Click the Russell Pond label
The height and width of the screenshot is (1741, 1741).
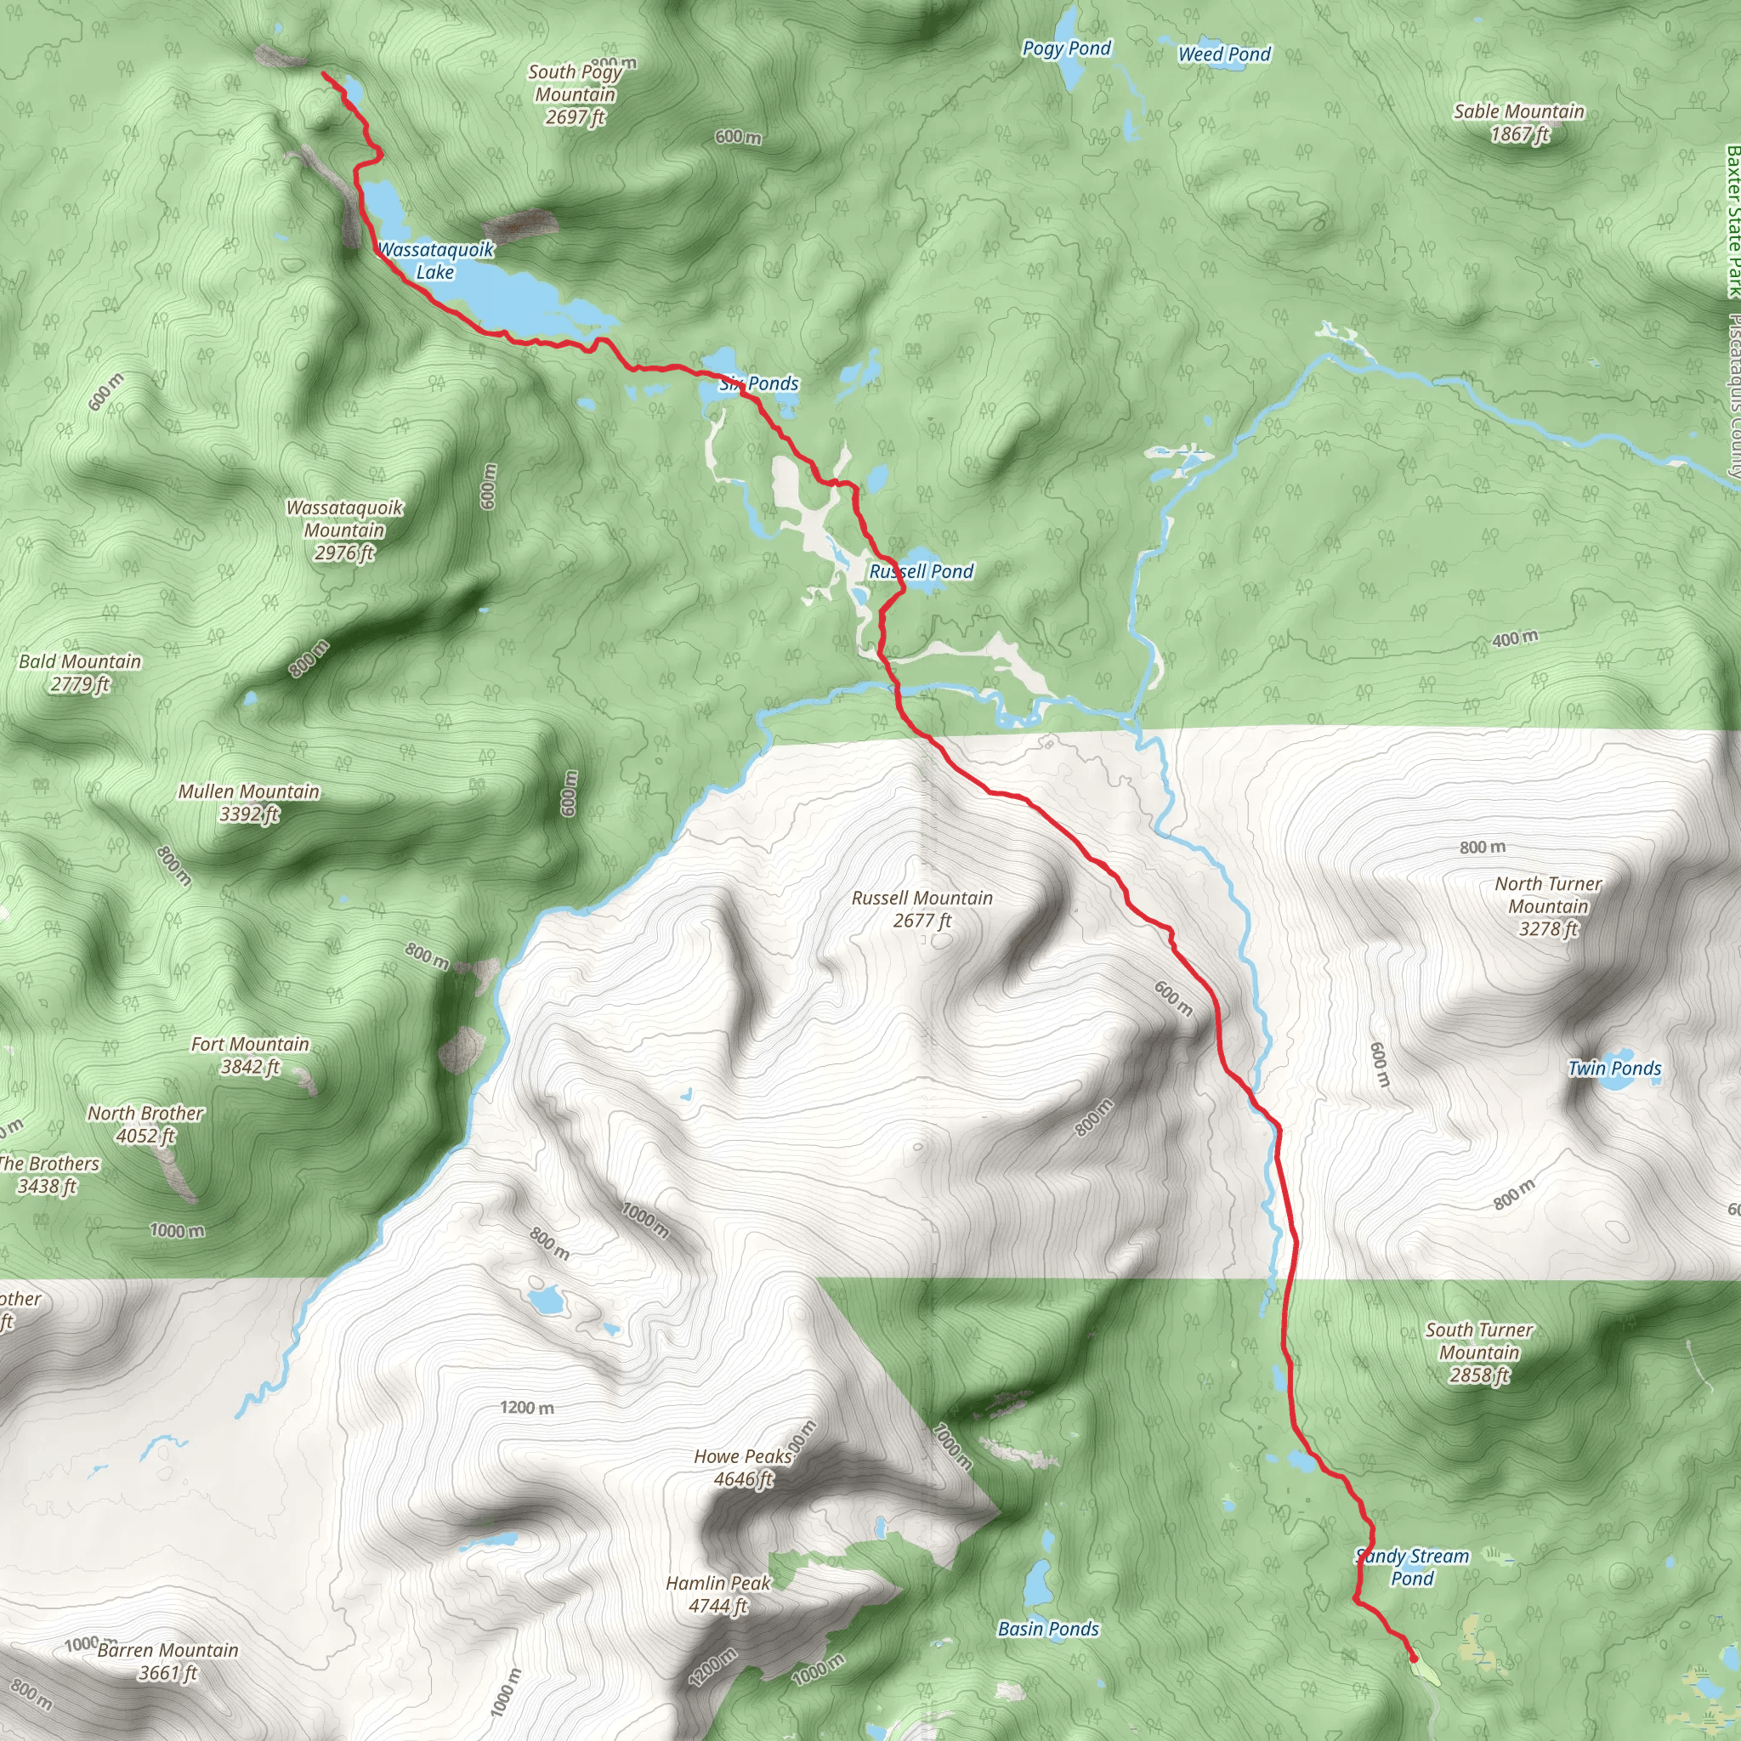pos(921,571)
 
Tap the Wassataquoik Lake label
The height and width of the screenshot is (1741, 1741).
pos(435,260)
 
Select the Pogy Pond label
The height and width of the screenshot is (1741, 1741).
pos(1066,48)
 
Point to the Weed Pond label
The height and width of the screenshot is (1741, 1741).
pos(1224,54)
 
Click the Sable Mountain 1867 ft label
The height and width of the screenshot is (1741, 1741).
pos(1518,122)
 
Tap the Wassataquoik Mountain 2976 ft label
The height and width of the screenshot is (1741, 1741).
pos(344,530)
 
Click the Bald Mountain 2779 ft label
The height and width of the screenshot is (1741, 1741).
pos(80,673)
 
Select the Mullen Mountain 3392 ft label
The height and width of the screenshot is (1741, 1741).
pos(249,802)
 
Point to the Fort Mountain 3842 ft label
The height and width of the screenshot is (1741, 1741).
pos(250,1055)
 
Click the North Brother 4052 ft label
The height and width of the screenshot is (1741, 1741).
pos(145,1125)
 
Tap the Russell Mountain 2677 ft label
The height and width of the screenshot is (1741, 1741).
pos(922,910)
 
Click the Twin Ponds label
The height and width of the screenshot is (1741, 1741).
pos(1614,1069)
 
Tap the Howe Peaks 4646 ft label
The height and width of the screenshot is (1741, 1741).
pos(742,1468)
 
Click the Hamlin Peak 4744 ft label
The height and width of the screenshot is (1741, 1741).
pos(718,1594)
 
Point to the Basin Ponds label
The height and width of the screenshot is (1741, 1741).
pos(1048,1630)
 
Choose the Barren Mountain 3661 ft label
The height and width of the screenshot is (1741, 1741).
pos(167,1662)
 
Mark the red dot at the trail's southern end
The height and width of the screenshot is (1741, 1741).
pos(1413,1658)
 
